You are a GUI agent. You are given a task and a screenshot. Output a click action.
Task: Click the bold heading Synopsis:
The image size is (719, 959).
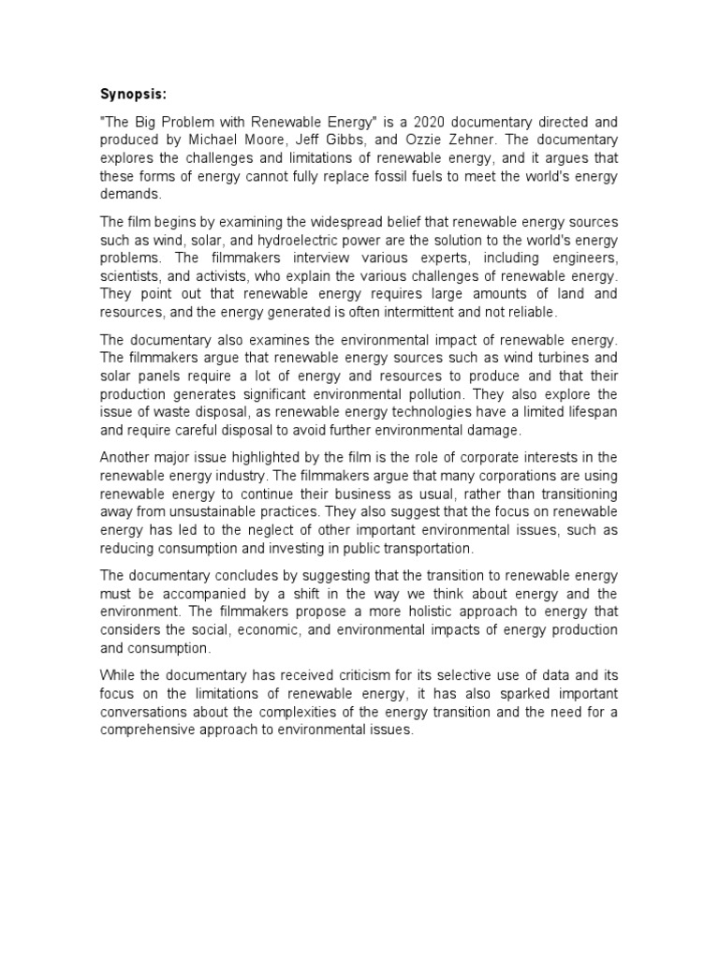point(133,95)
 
